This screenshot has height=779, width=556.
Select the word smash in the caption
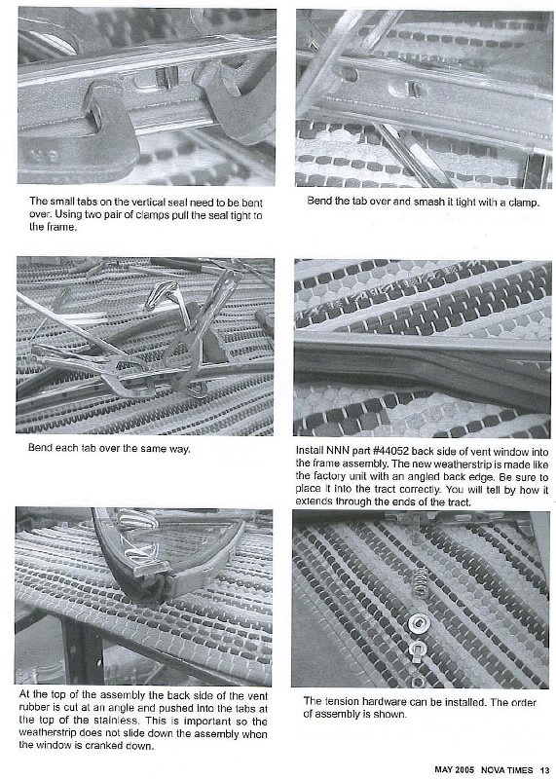point(417,202)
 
